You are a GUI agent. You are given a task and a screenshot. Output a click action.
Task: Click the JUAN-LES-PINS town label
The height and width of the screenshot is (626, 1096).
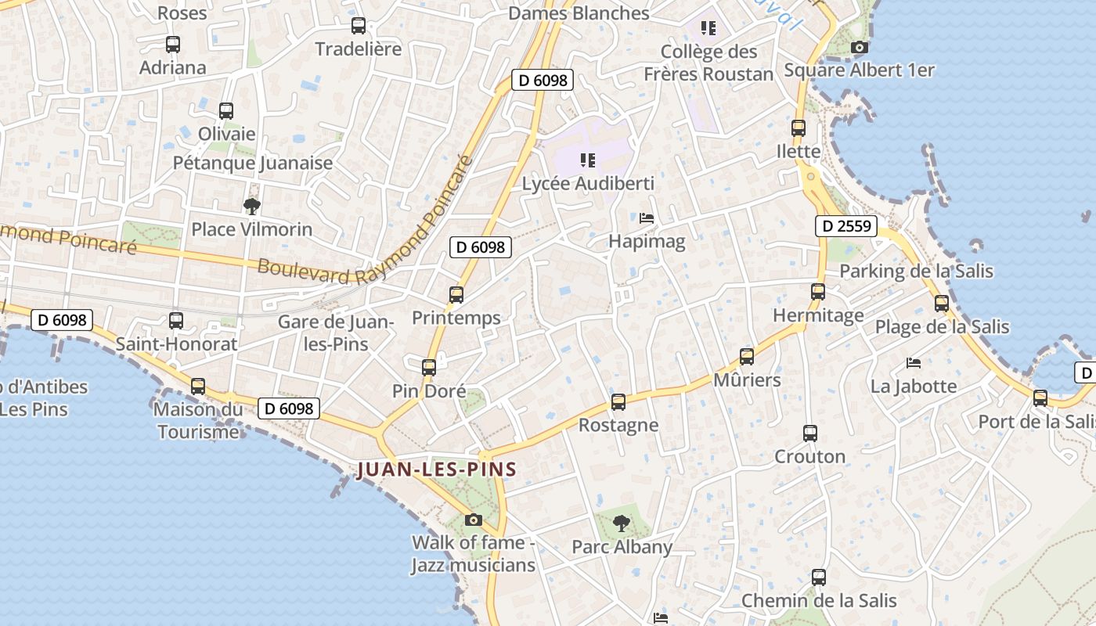pyautogui.click(x=436, y=469)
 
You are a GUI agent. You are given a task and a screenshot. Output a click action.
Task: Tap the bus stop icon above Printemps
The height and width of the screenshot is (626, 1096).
pyautogui.click(x=456, y=295)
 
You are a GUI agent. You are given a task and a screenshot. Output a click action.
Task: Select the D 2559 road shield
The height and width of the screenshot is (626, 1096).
pyautogui.click(x=845, y=226)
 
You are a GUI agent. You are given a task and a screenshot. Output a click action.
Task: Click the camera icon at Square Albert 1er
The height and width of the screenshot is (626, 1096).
pyautogui.click(x=859, y=47)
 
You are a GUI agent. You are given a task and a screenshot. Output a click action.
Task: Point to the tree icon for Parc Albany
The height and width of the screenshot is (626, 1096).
pyautogui.click(x=622, y=523)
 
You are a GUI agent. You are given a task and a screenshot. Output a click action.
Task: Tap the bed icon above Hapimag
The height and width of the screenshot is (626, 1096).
pyautogui.click(x=647, y=218)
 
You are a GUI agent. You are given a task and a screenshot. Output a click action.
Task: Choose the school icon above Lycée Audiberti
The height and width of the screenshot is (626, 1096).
pyautogui.click(x=588, y=160)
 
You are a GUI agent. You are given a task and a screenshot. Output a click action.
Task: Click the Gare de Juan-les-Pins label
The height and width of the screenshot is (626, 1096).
pyautogui.click(x=335, y=333)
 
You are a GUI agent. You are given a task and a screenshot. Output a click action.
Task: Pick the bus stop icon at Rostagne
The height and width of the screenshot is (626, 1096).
pyautogui.click(x=618, y=402)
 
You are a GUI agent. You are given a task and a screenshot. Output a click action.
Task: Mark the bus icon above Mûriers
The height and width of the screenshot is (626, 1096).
pyautogui.click(x=747, y=357)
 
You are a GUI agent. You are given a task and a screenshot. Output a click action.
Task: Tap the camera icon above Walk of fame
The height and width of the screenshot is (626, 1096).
pyautogui.click(x=473, y=520)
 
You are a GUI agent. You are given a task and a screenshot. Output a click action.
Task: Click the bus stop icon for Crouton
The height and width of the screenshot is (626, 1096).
pyautogui.click(x=809, y=433)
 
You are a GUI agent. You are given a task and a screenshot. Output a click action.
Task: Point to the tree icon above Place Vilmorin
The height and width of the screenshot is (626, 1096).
pyautogui.click(x=251, y=207)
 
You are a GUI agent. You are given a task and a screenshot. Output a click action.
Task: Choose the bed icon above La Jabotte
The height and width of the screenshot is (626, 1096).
pyautogui.click(x=913, y=363)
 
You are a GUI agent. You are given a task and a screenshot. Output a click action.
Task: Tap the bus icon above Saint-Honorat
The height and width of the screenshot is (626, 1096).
pyautogui.click(x=176, y=320)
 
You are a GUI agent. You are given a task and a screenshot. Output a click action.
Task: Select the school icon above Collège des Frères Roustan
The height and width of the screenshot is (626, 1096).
pyautogui.click(x=708, y=28)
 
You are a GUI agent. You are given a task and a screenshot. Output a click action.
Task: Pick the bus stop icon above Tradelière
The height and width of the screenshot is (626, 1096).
pyautogui.click(x=359, y=25)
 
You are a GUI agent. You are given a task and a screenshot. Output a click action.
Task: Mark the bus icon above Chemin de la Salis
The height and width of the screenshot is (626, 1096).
pyautogui.click(x=819, y=577)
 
